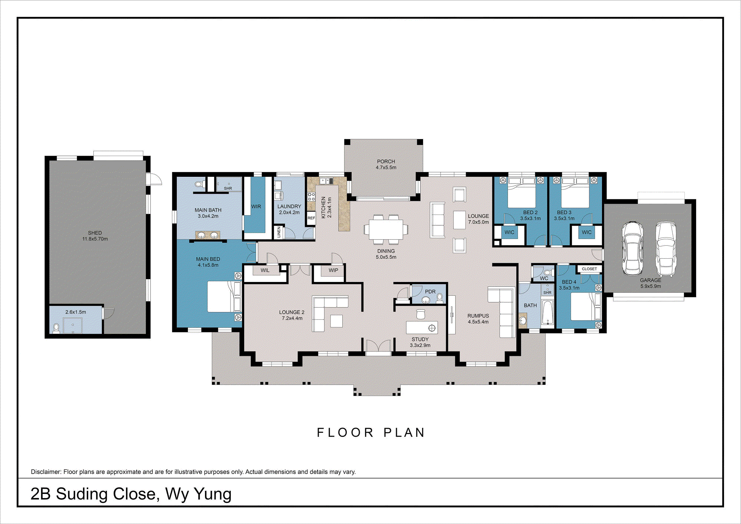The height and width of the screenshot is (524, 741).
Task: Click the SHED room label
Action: coord(95,233)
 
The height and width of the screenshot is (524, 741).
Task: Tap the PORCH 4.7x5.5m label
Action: coord(386,165)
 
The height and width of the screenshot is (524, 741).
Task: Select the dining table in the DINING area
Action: coord(386,230)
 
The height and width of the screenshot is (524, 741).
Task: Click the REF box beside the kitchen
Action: coord(311,218)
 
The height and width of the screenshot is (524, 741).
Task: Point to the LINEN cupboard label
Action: coord(279,232)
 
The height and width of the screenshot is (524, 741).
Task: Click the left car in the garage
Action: coord(632,248)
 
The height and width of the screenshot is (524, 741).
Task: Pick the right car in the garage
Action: coord(666,248)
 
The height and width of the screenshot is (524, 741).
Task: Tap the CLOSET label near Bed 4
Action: coord(589,269)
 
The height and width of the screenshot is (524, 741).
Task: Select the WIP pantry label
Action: coord(333,271)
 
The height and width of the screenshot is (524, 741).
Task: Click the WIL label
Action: coord(265,271)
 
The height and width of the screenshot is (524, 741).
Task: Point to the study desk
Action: coord(422,328)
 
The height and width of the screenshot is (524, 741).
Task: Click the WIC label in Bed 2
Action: coord(509,232)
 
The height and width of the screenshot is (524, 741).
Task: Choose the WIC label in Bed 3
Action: coord(587,232)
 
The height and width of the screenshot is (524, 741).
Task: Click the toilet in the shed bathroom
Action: coord(56,328)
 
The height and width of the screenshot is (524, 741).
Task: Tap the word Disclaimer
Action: coord(46,472)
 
